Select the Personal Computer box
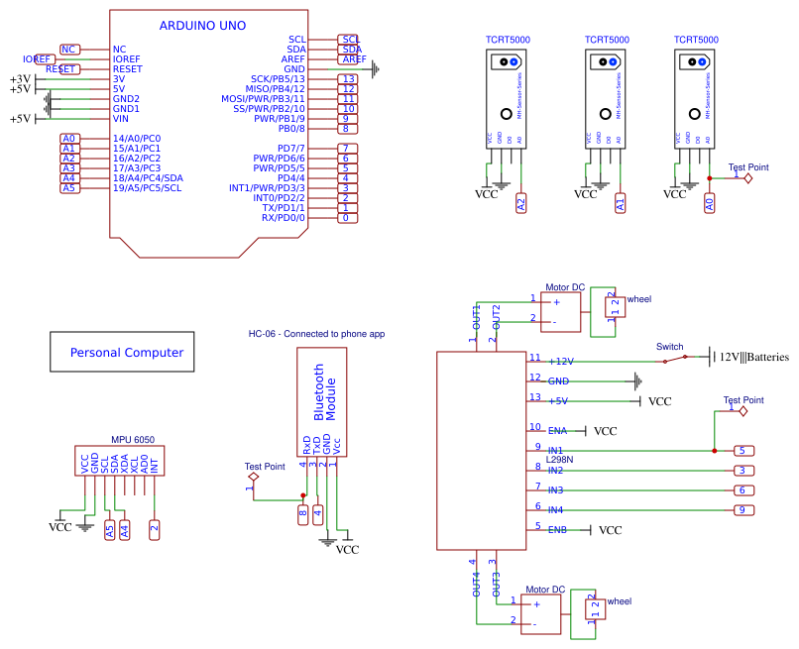pos(123,353)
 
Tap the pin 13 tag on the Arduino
pos(347,78)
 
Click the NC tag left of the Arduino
pos(68,49)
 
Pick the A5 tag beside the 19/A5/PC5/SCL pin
pos(68,187)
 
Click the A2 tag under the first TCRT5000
pos(521,204)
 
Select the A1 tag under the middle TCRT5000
pos(620,204)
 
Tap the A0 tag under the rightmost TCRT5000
pos(709,204)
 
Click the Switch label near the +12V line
pos(670,347)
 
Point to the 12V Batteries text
pos(753,357)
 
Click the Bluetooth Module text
pos(326,392)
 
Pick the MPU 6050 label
pos(132,440)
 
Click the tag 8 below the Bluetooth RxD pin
pos(303,513)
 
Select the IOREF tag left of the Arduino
pos(39,59)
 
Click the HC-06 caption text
pos(316,334)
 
